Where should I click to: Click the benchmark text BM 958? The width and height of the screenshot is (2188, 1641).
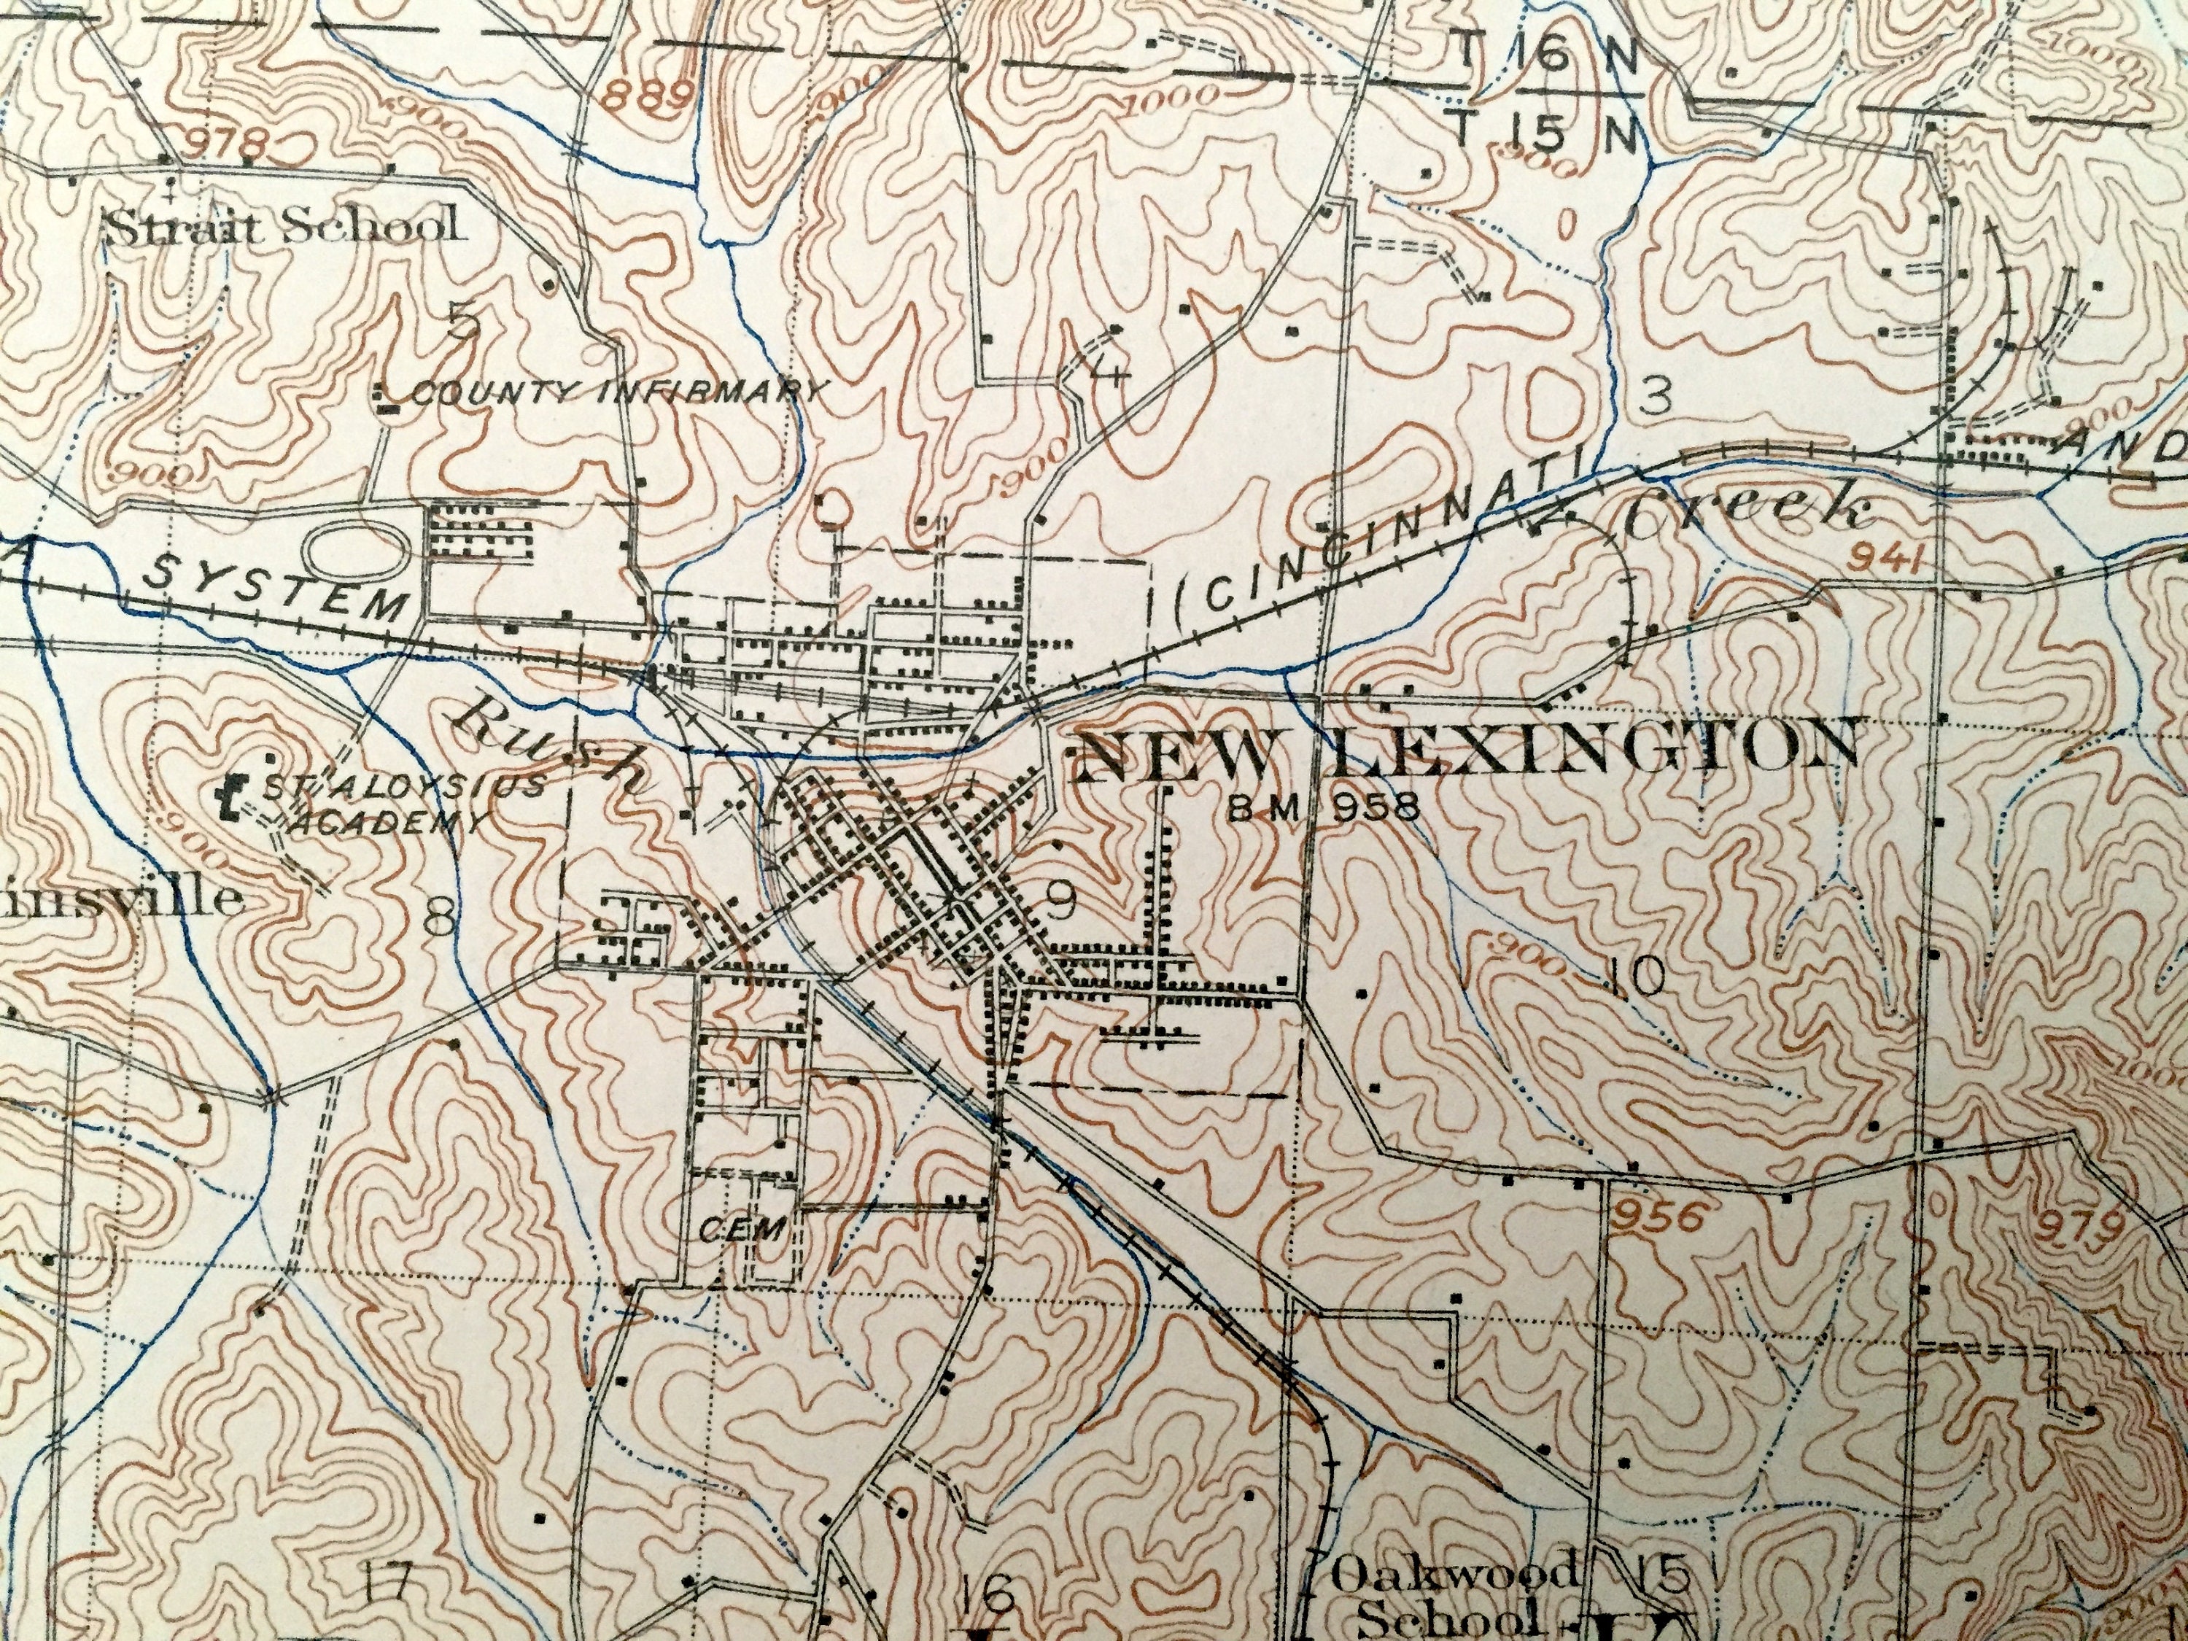point(1324,809)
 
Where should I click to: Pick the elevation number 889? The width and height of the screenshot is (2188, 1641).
point(646,96)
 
